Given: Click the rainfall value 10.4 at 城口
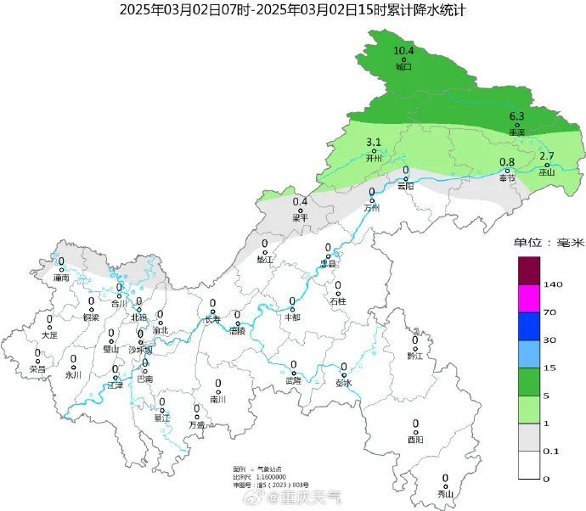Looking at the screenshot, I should [403, 51].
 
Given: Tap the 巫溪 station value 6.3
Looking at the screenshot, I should [516, 116].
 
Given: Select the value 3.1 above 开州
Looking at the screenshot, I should [374, 142].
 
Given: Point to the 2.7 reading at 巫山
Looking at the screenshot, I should [547, 155].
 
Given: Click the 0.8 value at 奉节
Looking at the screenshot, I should [507, 162].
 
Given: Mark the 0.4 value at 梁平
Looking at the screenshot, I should [300, 201].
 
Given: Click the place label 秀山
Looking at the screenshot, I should [445, 494].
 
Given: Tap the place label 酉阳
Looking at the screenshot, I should [415, 440].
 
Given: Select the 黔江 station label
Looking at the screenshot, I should [414, 357].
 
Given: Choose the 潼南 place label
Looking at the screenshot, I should [60, 278].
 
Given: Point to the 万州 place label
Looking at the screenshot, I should [371, 208].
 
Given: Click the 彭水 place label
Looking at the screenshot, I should [343, 382].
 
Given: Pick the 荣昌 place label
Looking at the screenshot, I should [37, 369].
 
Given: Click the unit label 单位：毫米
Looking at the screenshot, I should [548, 243].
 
